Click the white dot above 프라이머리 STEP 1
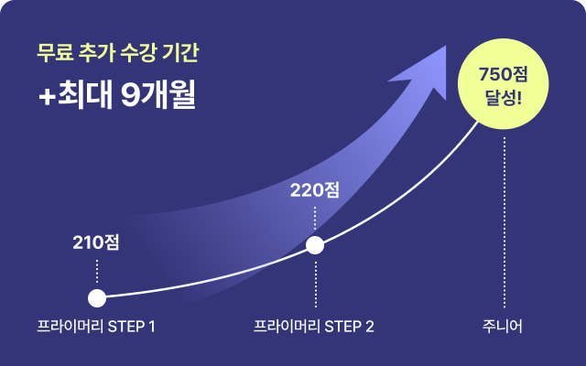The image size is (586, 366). [96, 297]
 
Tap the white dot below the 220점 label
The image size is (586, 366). [315, 245]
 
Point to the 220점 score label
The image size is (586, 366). [315, 191]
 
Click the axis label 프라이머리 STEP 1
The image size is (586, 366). [96, 327]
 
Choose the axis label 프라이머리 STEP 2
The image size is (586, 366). [314, 327]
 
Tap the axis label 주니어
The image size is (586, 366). [505, 327]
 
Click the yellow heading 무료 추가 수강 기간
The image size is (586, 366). [117, 53]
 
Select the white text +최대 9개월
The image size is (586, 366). [117, 97]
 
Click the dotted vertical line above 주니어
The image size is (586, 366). [505, 220]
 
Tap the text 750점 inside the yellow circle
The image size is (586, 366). [505, 72]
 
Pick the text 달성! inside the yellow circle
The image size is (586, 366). [505, 97]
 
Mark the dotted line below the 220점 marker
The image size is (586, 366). [315, 279]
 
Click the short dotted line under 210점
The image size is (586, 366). [97, 270]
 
